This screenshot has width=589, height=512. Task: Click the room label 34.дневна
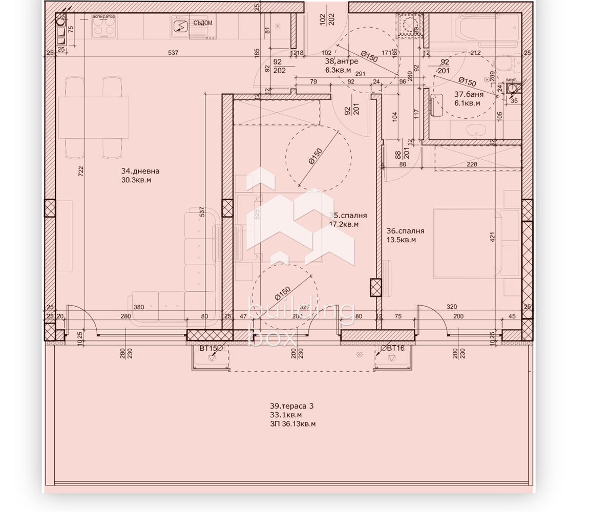click(x=140, y=171)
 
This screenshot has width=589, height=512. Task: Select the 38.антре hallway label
click(x=342, y=61)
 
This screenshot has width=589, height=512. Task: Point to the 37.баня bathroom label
click(x=469, y=94)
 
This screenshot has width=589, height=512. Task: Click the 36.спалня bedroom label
click(x=405, y=231)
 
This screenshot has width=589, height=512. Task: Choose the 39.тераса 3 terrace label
click(x=292, y=406)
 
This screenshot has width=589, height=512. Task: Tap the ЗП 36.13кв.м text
click(x=292, y=424)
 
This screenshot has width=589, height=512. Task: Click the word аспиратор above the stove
click(x=103, y=16)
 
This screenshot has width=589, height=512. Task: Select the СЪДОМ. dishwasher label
click(x=203, y=23)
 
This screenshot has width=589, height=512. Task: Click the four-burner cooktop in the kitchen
click(x=103, y=29)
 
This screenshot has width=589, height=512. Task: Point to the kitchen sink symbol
click(x=181, y=27)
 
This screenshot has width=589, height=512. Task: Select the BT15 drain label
click(x=208, y=348)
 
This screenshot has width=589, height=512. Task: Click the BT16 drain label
click(x=395, y=348)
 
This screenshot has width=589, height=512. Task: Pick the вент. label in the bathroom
click(x=511, y=80)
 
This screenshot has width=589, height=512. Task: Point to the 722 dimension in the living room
click(x=80, y=171)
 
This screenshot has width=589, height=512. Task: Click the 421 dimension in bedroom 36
click(x=493, y=237)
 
